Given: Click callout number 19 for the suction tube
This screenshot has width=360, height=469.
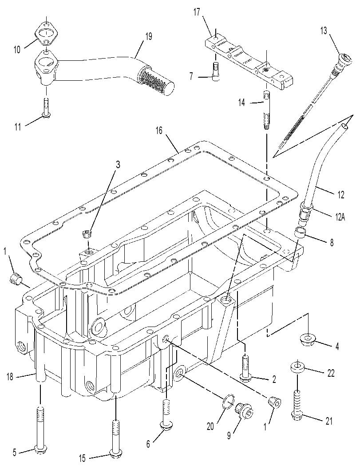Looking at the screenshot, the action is coord(148,36).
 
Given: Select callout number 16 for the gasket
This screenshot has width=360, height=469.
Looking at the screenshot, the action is coord(159,131).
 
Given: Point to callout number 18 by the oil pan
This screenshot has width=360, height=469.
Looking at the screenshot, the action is coord(10,377).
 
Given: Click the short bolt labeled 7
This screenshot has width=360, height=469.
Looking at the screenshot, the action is coord(216,72).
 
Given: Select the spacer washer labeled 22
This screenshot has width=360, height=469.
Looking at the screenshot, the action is coord(297,367).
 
